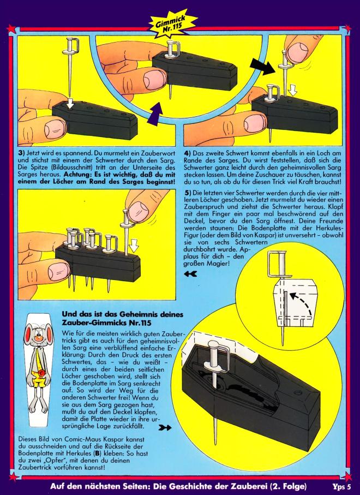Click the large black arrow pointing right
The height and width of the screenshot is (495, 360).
click(x=262, y=66)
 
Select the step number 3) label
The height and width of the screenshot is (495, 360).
click(x=21, y=153)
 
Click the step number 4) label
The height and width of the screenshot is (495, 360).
click(x=188, y=153)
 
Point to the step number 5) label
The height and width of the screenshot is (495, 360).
click(x=188, y=193)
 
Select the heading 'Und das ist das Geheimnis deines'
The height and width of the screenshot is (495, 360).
click(x=122, y=314)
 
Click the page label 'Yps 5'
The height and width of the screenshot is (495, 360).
click(x=341, y=486)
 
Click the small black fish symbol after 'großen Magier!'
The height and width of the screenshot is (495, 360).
click(x=190, y=274)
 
